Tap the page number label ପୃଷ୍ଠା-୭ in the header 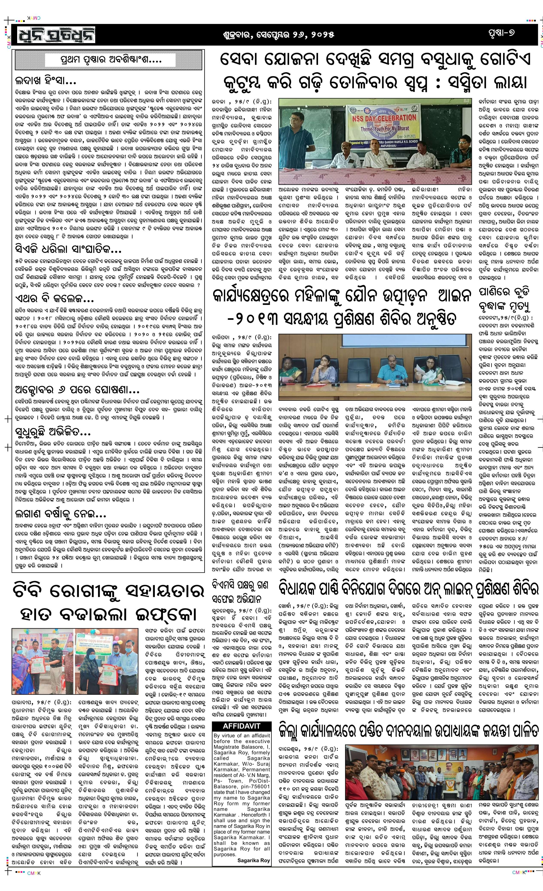pyautogui.click(x=501, y=33)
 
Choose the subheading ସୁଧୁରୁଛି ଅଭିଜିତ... pyautogui.click(x=53, y=432)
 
